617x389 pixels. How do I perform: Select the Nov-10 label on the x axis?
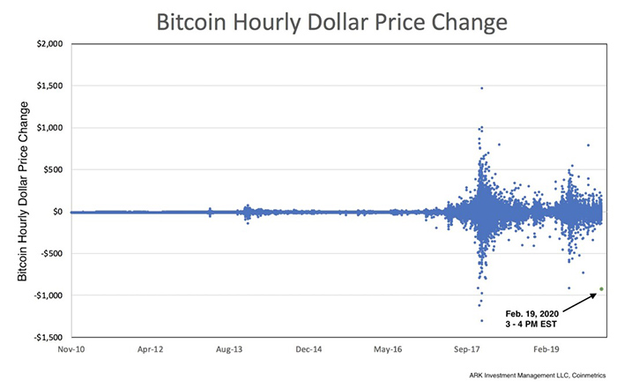(71, 349)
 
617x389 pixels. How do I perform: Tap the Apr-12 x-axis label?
(150, 349)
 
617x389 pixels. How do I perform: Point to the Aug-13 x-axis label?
(229, 349)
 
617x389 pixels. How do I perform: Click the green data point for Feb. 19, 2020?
(601, 288)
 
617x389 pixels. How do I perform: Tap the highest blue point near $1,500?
(481, 88)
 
